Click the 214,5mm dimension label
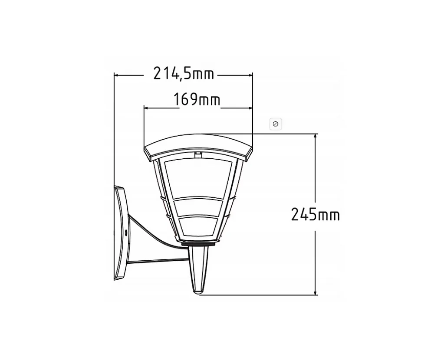pyautogui.click(x=184, y=73)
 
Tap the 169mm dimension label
pyautogui.click(x=197, y=99)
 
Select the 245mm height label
pyautogui.click(x=316, y=215)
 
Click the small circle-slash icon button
pyautogui.click(x=276, y=124)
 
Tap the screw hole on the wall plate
pyautogui.click(x=126, y=232)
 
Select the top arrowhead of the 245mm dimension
pyautogui.click(x=316, y=136)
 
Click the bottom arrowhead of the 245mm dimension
pyautogui.click(x=316, y=292)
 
